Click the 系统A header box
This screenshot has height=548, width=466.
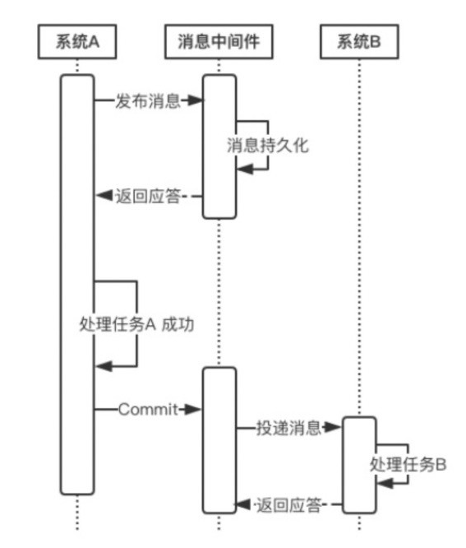coord(77,42)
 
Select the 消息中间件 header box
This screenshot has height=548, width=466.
coord(219,42)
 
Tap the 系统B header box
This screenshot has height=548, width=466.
coord(359,42)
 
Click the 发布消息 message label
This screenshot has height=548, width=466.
coord(148,101)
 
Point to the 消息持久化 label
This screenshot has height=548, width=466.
coord(268,145)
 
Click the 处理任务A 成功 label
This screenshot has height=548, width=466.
coord(136,324)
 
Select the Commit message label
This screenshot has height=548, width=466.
coord(149,409)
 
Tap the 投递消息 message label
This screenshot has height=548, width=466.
coord(288,427)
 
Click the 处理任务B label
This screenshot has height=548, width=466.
coord(408,464)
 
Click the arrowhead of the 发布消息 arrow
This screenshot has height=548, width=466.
coord(195,100)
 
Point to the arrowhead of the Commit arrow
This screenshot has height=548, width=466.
coord(192,409)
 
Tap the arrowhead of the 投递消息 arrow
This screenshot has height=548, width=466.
coord(332,427)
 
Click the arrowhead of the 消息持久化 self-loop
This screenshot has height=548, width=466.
coord(245,170)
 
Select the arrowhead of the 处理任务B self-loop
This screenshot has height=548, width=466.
coord(385,484)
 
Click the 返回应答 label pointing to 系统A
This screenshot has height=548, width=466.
coord(148,196)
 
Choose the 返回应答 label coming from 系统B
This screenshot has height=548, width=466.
coord(288,505)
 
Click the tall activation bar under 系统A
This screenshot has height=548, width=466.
coord(77,285)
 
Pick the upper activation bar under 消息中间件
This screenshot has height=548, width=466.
coord(219,146)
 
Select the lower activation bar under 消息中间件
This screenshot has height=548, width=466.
coord(219,440)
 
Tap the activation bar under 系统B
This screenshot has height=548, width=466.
coord(359,465)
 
